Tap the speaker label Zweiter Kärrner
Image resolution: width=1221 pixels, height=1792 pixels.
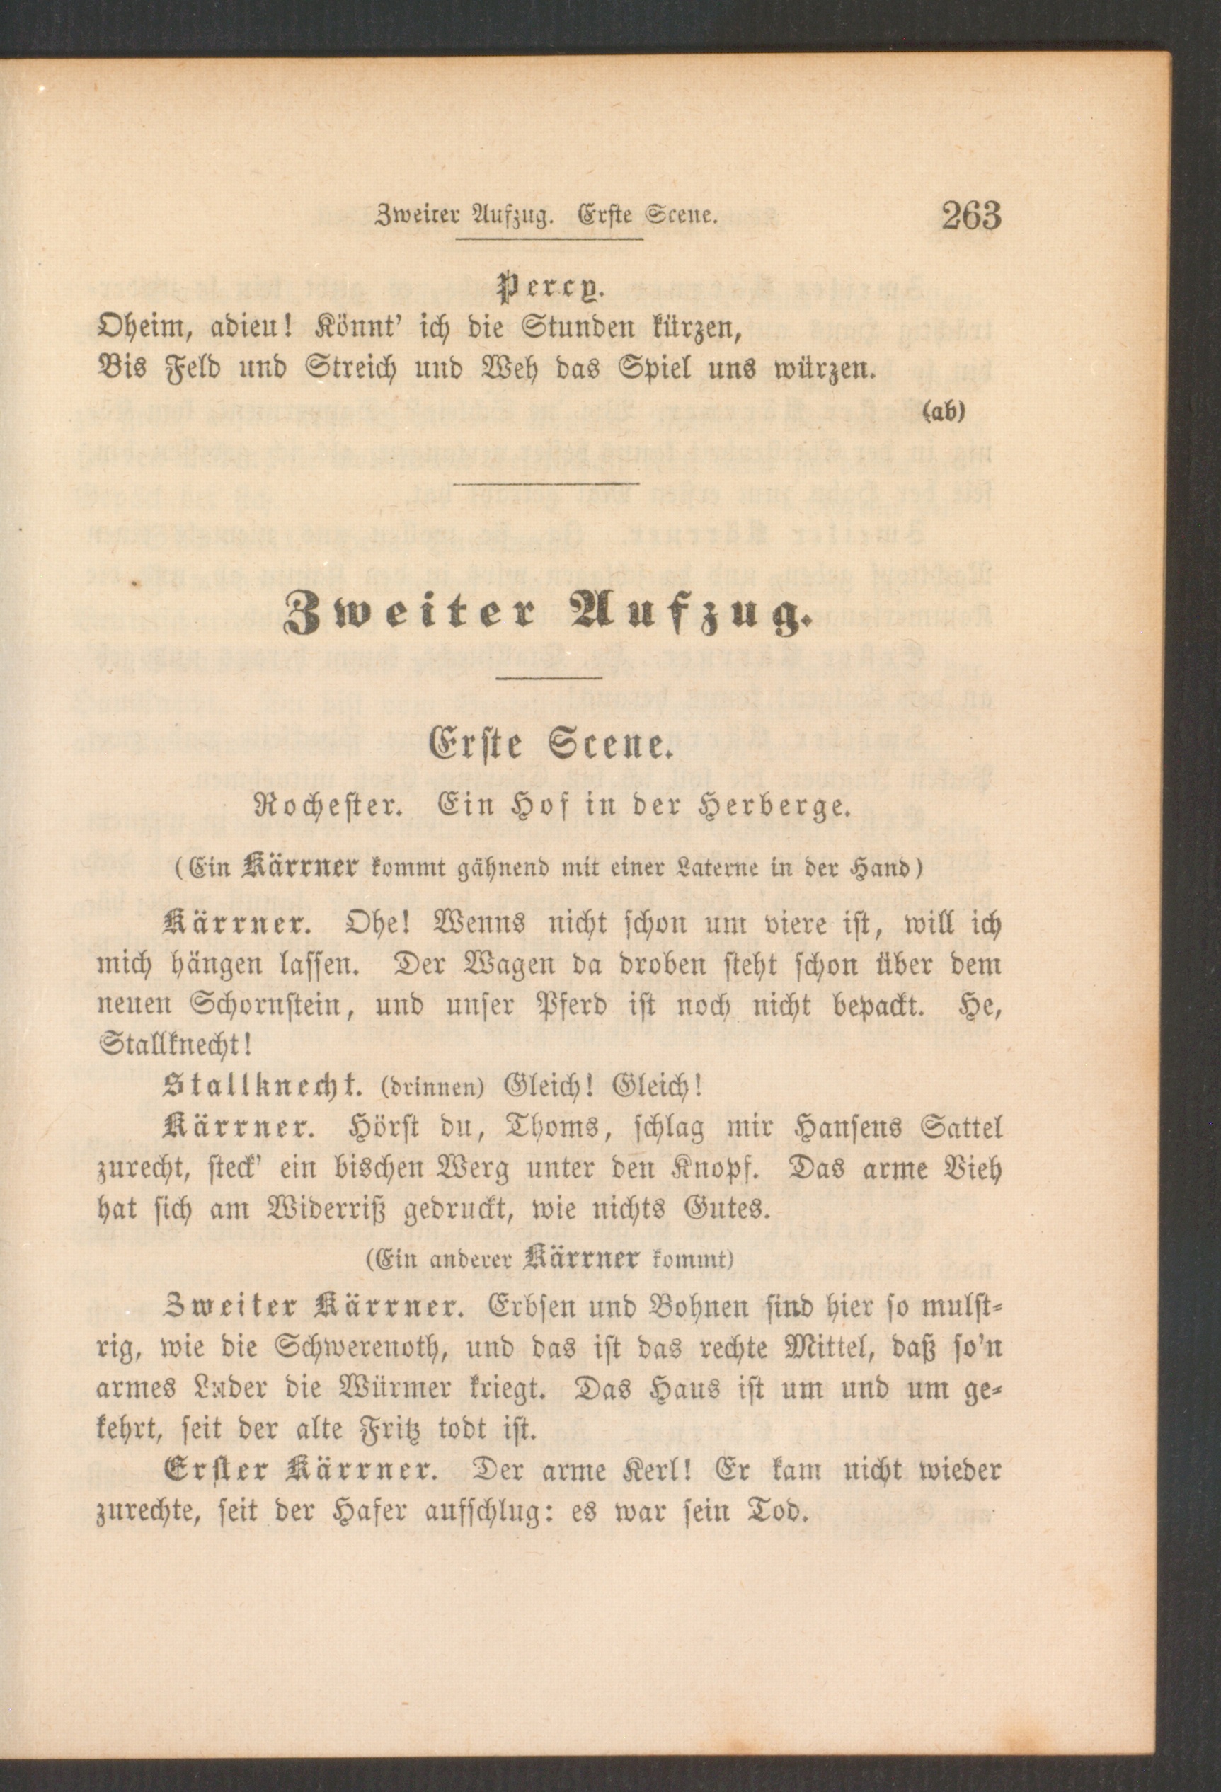coord(313,1308)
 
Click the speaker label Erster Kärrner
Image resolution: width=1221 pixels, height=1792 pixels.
coord(300,1470)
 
